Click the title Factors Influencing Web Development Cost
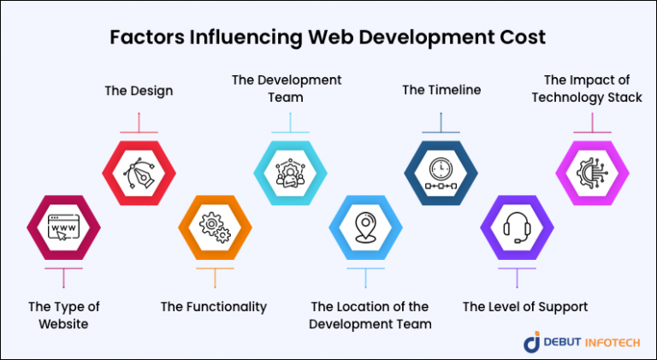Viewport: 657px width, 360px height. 328,38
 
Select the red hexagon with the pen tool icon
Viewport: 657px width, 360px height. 139,170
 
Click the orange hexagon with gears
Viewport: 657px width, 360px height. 214,228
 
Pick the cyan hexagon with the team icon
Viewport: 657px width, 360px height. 289,170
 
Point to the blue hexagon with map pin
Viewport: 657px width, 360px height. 365,228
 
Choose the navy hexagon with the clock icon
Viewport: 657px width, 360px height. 441,170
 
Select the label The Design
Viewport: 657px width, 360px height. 139,89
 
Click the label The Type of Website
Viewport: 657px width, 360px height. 64,315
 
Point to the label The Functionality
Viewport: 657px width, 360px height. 214,306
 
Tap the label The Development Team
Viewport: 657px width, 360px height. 287,89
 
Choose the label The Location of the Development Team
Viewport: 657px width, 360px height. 370,315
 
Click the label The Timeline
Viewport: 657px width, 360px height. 441,89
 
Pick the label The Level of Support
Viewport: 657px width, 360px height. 525,306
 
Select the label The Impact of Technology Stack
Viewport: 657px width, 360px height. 587,89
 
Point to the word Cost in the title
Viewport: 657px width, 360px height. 523,38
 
